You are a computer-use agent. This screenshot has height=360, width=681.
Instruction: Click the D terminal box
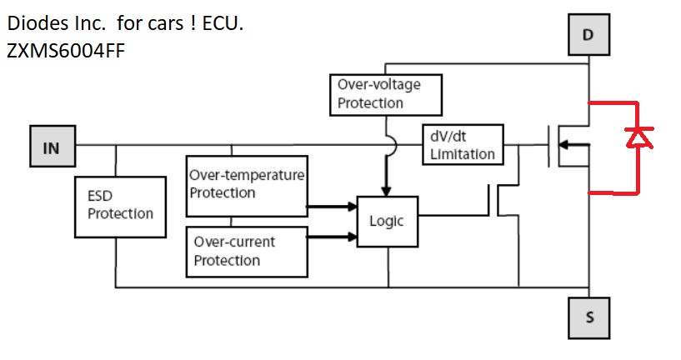coord(588,36)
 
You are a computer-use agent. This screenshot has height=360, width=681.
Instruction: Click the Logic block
coord(387,221)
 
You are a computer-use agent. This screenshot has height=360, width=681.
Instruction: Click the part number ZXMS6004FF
coord(67,51)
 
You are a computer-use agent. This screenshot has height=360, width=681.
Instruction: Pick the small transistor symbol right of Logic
coord(497,201)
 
